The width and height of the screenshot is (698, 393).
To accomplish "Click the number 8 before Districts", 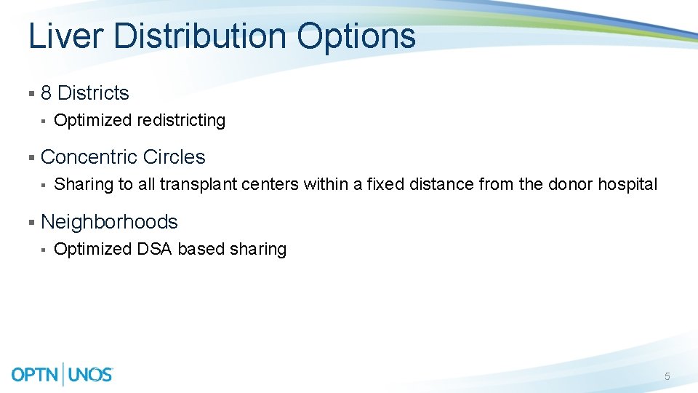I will tap(47, 93).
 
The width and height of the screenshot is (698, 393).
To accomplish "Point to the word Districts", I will tap(93, 93).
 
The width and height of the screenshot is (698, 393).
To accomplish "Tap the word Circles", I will tap(174, 157).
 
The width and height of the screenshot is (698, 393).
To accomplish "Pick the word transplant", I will tap(196, 185).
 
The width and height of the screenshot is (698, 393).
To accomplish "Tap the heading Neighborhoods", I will tap(109, 222).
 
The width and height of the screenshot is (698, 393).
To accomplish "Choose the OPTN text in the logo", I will tap(36, 375).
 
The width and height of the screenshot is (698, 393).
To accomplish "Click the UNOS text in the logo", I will tap(90, 375).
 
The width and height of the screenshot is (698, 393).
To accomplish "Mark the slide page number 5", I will tap(667, 376).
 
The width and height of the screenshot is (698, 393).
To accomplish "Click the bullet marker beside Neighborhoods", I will tap(31, 222).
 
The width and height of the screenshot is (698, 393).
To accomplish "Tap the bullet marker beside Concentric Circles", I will tap(31, 158).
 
